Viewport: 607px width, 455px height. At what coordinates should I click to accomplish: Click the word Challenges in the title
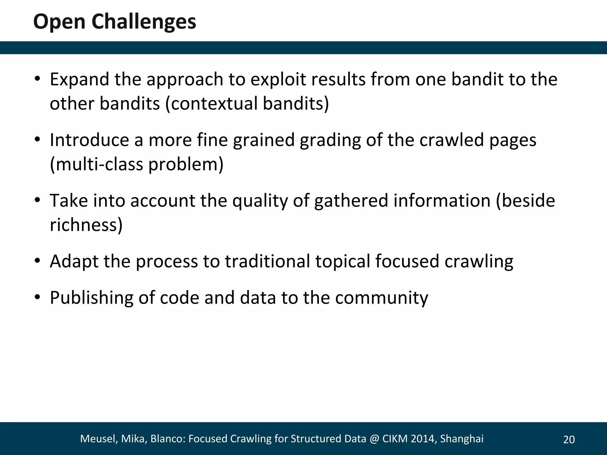(144, 22)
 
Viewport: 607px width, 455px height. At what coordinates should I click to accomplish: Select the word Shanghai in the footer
(461, 439)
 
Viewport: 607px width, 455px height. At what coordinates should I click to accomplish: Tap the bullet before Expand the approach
(37, 79)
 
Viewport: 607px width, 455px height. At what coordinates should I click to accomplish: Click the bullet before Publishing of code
(37, 297)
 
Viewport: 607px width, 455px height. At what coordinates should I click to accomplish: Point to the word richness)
(86, 225)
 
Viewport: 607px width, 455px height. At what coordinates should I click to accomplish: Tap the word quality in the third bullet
(260, 201)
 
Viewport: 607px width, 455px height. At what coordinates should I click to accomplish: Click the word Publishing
(91, 298)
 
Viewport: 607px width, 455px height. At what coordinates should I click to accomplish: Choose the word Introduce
(89, 140)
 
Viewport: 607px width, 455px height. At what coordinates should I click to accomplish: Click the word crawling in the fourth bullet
(479, 261)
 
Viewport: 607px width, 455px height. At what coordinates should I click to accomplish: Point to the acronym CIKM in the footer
(395, 439)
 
